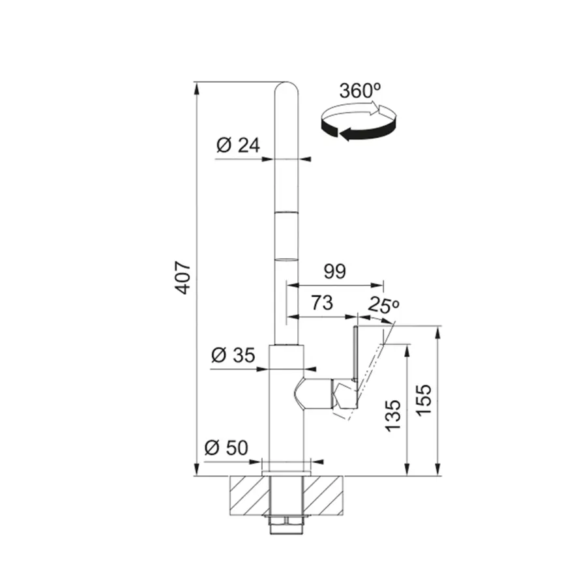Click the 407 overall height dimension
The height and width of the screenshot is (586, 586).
(184, 278)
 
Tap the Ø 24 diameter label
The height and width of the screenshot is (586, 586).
(238, 145)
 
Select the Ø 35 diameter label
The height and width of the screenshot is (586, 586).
(233, 355)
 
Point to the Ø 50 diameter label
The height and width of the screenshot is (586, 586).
(226, 447)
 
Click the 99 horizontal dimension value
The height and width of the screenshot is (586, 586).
(335, 271)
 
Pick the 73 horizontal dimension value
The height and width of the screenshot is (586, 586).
(322, 302)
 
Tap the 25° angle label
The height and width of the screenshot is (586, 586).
(384, 304)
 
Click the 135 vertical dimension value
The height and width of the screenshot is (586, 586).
(393, 416)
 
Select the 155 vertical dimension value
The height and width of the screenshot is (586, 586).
(424, 399)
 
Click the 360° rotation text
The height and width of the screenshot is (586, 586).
(360, 91)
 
